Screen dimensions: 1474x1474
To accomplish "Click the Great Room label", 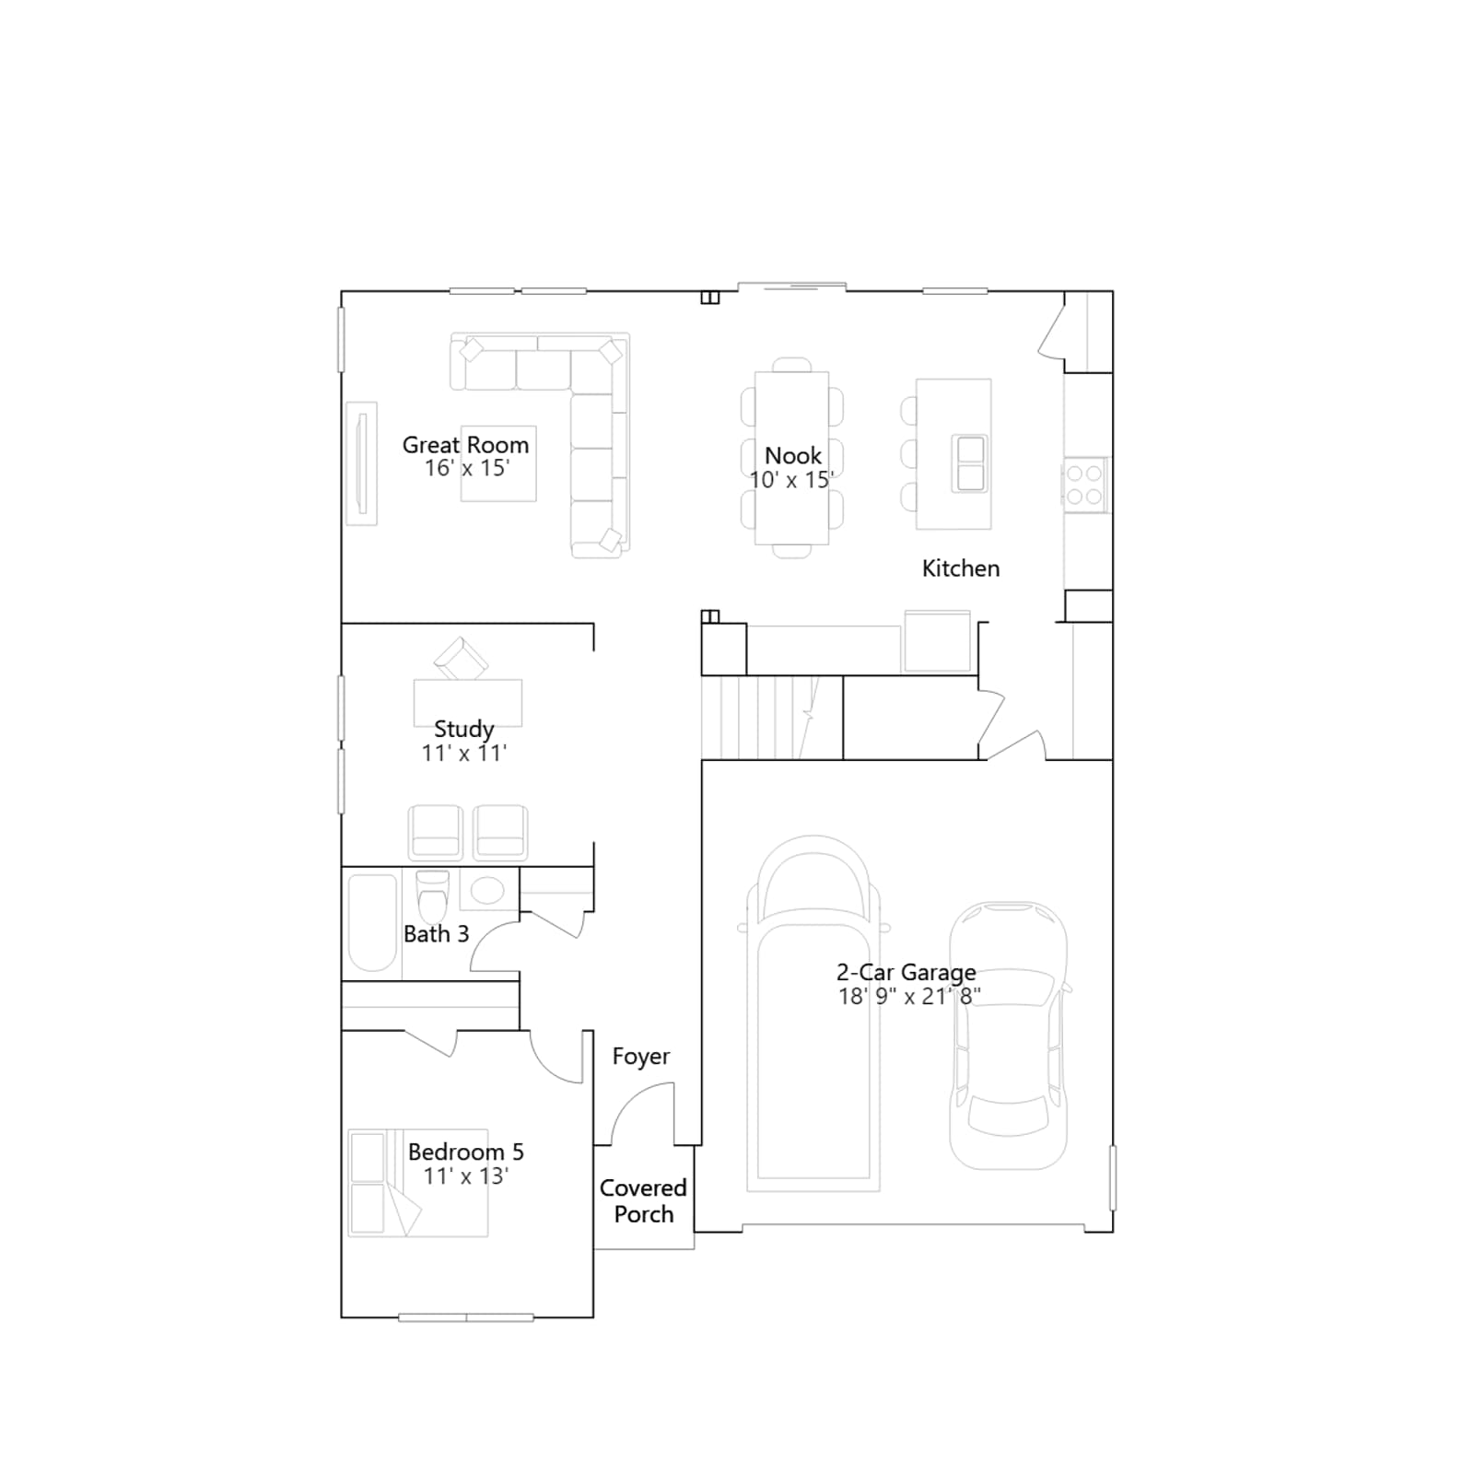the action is pyautogui.click(x=465, y=445).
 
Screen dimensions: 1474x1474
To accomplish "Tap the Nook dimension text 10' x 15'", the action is pyautogui.click(x=791, y=480).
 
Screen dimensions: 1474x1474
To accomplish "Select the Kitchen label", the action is pyautogui.click(x=961, y=568).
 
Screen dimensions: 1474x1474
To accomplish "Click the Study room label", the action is pyautogui.click(x=463, y=730).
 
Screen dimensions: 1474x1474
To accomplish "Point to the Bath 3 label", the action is pyautogui.click(x=437, y=934).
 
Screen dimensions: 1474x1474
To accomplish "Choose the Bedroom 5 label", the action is pyautogui.click(x=466, y=1152).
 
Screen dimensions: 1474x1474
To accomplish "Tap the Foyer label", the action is pyautogui.click(x=641, y=1057).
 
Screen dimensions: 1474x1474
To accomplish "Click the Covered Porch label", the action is pyautogui.click(x=643, y=1201).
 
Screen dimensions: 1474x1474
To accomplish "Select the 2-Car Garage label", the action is pyautogui.click(x=907, y=973).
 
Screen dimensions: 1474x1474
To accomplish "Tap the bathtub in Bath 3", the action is pyautogui.click(x=372, y=923).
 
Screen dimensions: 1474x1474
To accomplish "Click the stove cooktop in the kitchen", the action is pyautogui.click(x=1084, y=485).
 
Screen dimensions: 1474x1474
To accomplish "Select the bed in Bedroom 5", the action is pyautogui.click(x=418, y=1183).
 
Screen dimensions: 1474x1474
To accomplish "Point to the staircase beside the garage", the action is pyautogui.click(x=772, y=718).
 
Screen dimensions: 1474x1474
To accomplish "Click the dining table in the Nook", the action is pyautogui.click(x=791, y=458).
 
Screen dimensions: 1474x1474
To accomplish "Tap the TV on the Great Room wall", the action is pyautogui.click(x=362, y=463).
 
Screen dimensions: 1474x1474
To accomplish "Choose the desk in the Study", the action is pyautogui.click(x=468, y=703).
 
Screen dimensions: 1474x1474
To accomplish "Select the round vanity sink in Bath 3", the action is pyautogui.click(x=487, y=890).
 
